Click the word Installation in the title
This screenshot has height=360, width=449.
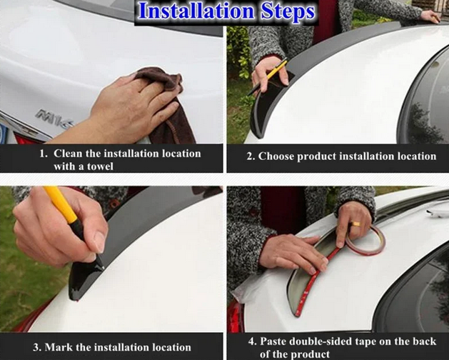(x=196, y=11)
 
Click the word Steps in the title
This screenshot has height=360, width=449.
(x=288, y=12)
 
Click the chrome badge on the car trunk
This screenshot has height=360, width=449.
(x=54, y=117)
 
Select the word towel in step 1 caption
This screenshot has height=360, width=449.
(x=100, y=166)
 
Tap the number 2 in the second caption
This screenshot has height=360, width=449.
(x=251, y=156)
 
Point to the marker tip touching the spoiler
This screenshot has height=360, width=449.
(x=103, y=268)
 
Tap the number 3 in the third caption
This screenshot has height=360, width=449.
(x=36, y=348)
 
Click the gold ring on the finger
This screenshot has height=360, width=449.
(x=357, y=224)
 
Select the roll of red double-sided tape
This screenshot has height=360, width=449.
(x=365, y=240)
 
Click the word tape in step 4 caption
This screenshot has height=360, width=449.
(x=368, y=342)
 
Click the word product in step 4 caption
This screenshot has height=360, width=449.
(x=311, y=354)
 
